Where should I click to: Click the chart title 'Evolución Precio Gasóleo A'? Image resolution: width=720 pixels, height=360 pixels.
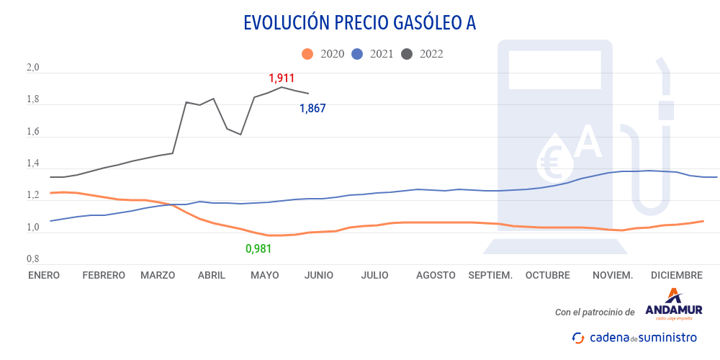tap(359, 23)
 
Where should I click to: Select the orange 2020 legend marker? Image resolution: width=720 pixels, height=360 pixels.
tap(307, 54)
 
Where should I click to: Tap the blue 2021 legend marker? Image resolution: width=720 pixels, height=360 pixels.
tap(357, 54)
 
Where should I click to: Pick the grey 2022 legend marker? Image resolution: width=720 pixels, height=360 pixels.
tap(407, 54)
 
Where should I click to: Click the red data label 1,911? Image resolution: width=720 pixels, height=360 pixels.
tap(282, 78)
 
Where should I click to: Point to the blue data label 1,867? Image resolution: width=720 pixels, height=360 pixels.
tap(312, 109)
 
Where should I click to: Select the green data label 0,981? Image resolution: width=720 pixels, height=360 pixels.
tap(259, 249)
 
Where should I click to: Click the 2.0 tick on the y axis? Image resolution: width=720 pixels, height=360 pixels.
tap(33, 68)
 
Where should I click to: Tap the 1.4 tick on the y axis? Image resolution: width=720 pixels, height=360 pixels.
tap(33, 164)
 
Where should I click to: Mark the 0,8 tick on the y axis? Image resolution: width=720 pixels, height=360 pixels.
tap(33, 259)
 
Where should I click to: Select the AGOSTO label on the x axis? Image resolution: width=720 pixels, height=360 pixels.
tap(436, 275)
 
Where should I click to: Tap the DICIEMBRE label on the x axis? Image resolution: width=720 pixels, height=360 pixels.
tap(676, 275)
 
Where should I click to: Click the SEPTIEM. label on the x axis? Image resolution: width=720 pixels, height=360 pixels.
tap(490, 275)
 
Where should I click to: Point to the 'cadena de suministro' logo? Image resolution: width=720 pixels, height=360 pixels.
tap(634, 337)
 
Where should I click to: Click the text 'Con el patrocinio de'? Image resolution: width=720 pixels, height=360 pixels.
tap(595, 312)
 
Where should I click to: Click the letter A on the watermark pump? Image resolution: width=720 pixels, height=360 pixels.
tap(588, 142)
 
